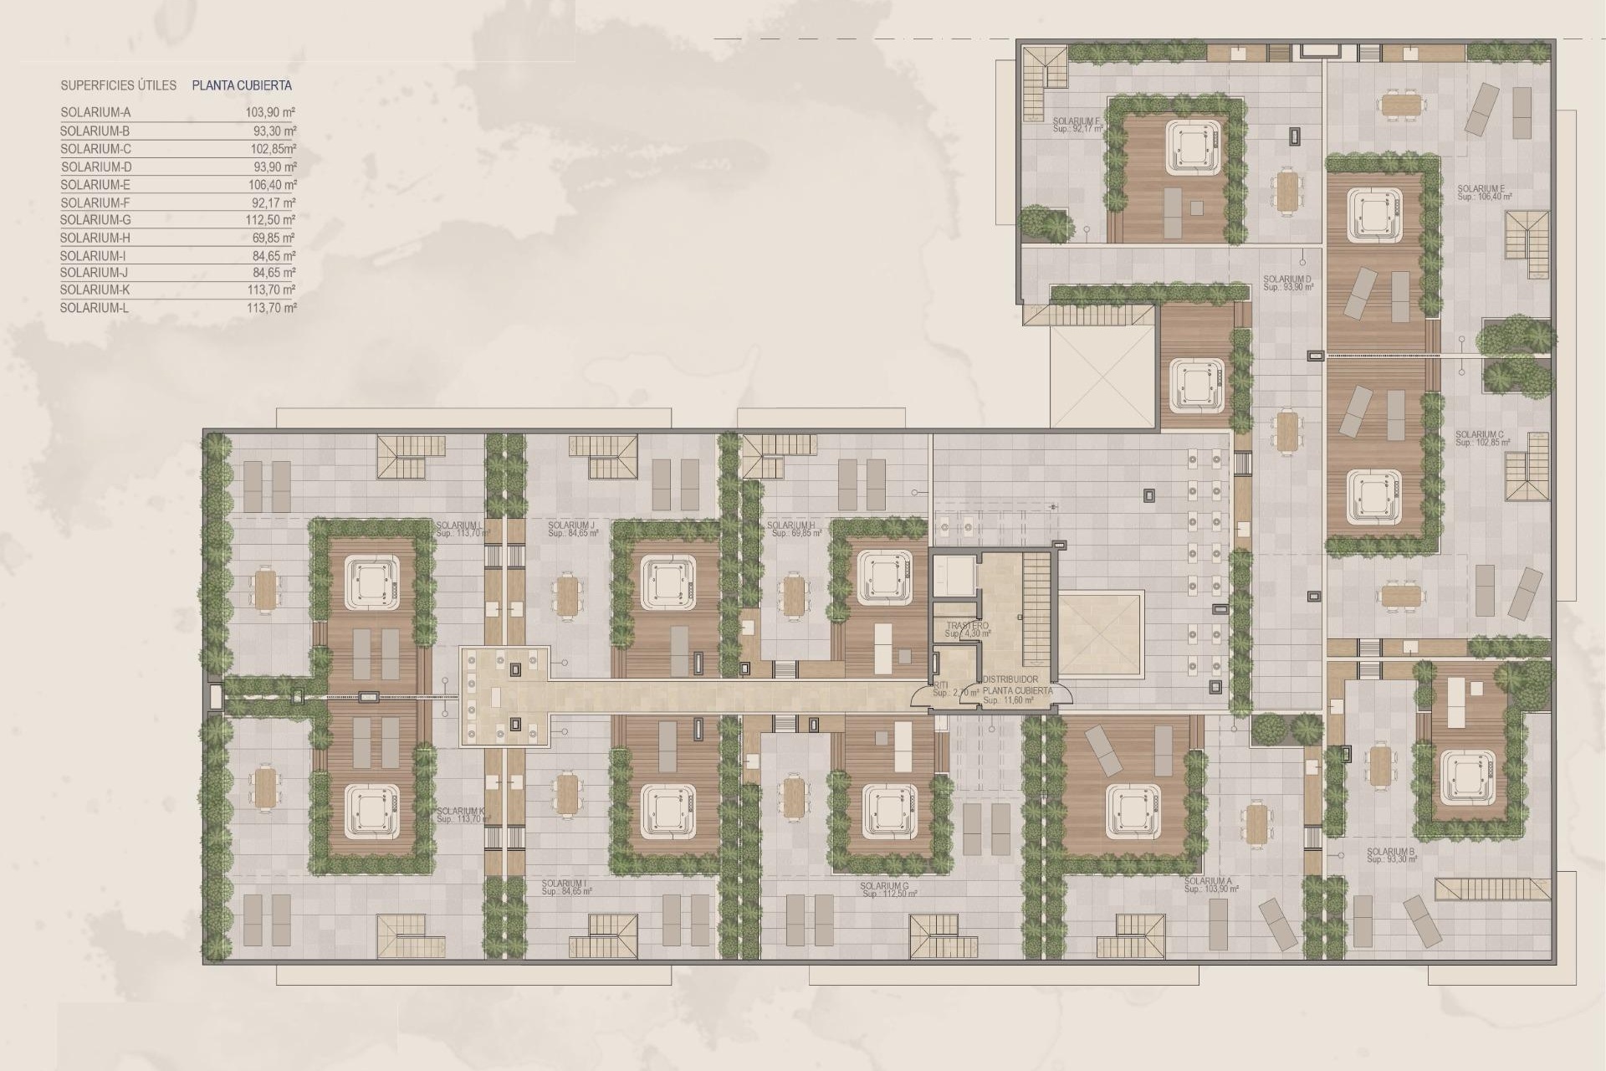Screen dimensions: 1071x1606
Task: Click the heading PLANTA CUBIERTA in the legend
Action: tap(242, 85)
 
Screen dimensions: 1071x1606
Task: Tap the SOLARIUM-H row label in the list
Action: tap(95, 238)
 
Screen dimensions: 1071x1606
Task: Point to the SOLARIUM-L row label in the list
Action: tap(95, 308)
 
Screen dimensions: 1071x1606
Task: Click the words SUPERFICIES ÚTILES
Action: tap(119, 85)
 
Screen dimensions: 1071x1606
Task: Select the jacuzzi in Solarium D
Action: tap(1197, 385)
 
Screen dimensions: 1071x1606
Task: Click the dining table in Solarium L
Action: tap(265, 587)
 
